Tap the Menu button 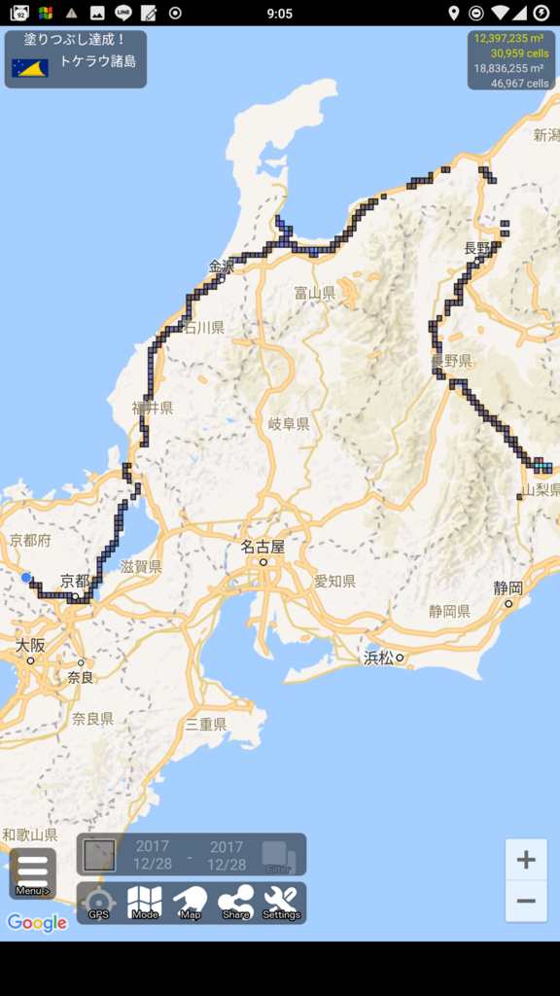[32, 872]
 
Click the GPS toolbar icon [99, 902]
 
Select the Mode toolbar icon [145, 902]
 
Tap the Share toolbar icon [235, 902]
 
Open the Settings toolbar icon [281, 902]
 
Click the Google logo [37, 923]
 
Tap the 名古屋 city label [263, 547]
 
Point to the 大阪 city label [30, 645]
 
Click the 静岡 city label [507, 587]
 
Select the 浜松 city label [379, 658]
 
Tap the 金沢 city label [222, 266]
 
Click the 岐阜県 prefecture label [289, 424]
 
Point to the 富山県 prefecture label [315, 292]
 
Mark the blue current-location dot [26, 577]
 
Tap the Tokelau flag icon [30, 68]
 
